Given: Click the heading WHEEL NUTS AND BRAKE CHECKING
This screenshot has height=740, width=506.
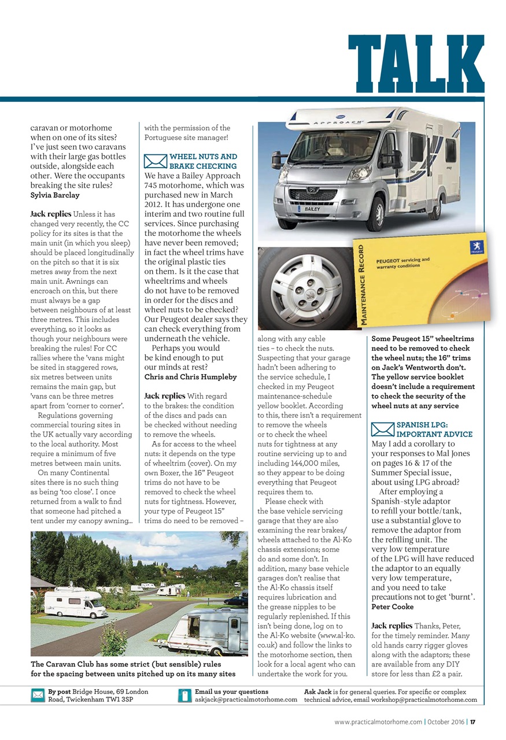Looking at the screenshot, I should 203,161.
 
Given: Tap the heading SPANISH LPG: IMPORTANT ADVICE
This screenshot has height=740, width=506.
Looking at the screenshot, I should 434,429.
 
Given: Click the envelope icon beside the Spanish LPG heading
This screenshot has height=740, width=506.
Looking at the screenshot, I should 382,430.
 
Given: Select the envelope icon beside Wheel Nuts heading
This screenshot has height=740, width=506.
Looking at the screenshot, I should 154,161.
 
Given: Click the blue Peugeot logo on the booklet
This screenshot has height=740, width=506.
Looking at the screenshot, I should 477,247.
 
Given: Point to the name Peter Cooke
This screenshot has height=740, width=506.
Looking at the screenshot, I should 391,606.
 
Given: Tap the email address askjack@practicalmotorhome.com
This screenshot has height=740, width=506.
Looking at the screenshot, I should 246,700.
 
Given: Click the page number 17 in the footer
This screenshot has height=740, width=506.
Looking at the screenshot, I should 472,722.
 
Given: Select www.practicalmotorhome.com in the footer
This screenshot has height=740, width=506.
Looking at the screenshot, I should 378,722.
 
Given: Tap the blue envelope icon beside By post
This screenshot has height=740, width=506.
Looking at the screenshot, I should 38,695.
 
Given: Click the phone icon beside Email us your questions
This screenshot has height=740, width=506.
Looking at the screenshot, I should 185,695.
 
